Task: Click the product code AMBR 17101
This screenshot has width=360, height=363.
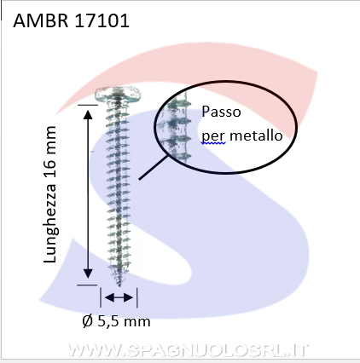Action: (x=71, y=20)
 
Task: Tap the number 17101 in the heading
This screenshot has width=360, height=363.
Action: (x=102, y=20)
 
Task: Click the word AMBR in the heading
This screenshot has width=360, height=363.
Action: (x=41, y=20)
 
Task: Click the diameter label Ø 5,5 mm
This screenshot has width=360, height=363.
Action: (x=116, y=321)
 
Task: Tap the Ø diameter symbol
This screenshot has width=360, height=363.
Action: (x=88, y=321)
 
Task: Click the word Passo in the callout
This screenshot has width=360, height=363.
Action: (x=221, y=112)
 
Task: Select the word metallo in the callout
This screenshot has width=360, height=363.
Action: (x=256, y=135)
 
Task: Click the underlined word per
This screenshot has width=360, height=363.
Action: (x=213, y=137)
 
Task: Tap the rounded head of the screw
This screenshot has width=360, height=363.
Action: (x=118, y=94)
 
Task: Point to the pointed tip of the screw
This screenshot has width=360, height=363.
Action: (x=119, y=285)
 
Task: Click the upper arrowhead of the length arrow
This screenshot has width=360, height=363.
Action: (x=88, y=114)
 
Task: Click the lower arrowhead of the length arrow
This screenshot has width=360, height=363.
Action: (x=88, y=274)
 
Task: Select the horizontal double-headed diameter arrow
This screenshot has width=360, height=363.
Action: (x=119, y=297)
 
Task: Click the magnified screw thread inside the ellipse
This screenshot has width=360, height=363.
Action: (x=178, y=128)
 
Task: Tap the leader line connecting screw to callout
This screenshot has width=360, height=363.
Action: (x=154, y=167)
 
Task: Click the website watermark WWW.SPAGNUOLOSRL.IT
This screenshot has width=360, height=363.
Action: (x=188, y=350)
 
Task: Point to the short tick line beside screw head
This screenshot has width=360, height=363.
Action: (x=88, y=105)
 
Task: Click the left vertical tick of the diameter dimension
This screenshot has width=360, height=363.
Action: (x=101, y=297)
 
